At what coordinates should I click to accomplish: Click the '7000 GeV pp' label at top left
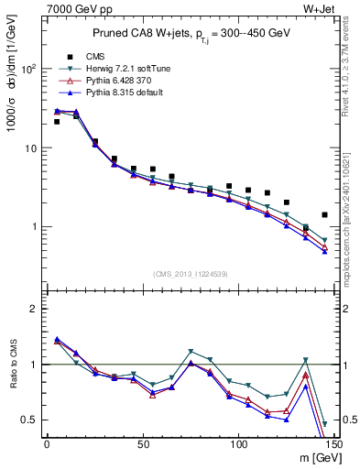click(x=74, y=9)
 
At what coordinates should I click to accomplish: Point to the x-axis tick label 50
click(x=142, y=444)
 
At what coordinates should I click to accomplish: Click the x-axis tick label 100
click(x=238, y=444)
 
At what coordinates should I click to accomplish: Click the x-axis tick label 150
click(x=333, y=444)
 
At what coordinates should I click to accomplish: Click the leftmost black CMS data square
click(x=57, y=121)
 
